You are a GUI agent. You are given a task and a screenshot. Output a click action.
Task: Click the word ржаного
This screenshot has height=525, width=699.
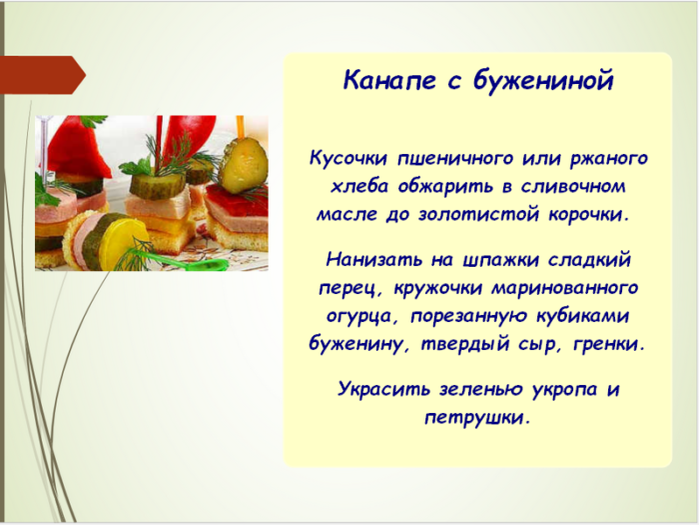[608, 158]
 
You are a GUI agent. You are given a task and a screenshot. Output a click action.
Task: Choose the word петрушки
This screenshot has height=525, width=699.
[477, 416]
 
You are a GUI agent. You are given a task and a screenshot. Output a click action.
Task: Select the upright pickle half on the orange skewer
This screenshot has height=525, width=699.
[243, 166]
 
